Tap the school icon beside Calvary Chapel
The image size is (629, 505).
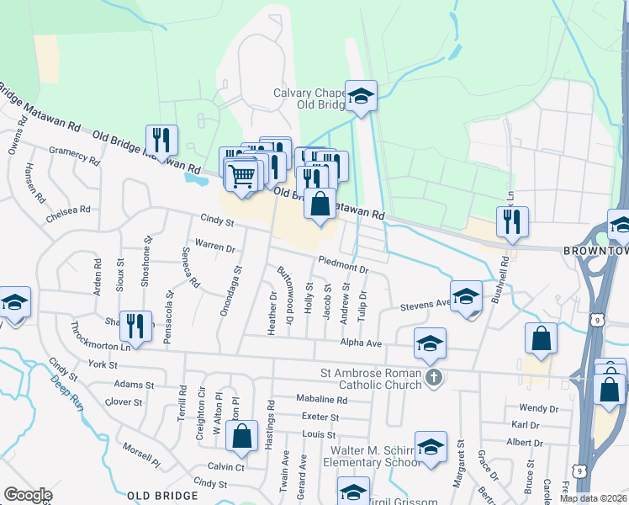361,97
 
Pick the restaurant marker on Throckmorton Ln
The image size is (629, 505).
135,326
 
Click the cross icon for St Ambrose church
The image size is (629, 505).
433,375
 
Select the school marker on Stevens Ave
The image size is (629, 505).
466,297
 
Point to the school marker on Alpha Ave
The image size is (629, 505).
430,343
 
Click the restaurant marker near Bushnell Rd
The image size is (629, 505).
512,221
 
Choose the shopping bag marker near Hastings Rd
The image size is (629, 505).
242,437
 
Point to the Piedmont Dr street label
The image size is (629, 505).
343,263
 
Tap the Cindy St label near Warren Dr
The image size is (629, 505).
216,221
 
